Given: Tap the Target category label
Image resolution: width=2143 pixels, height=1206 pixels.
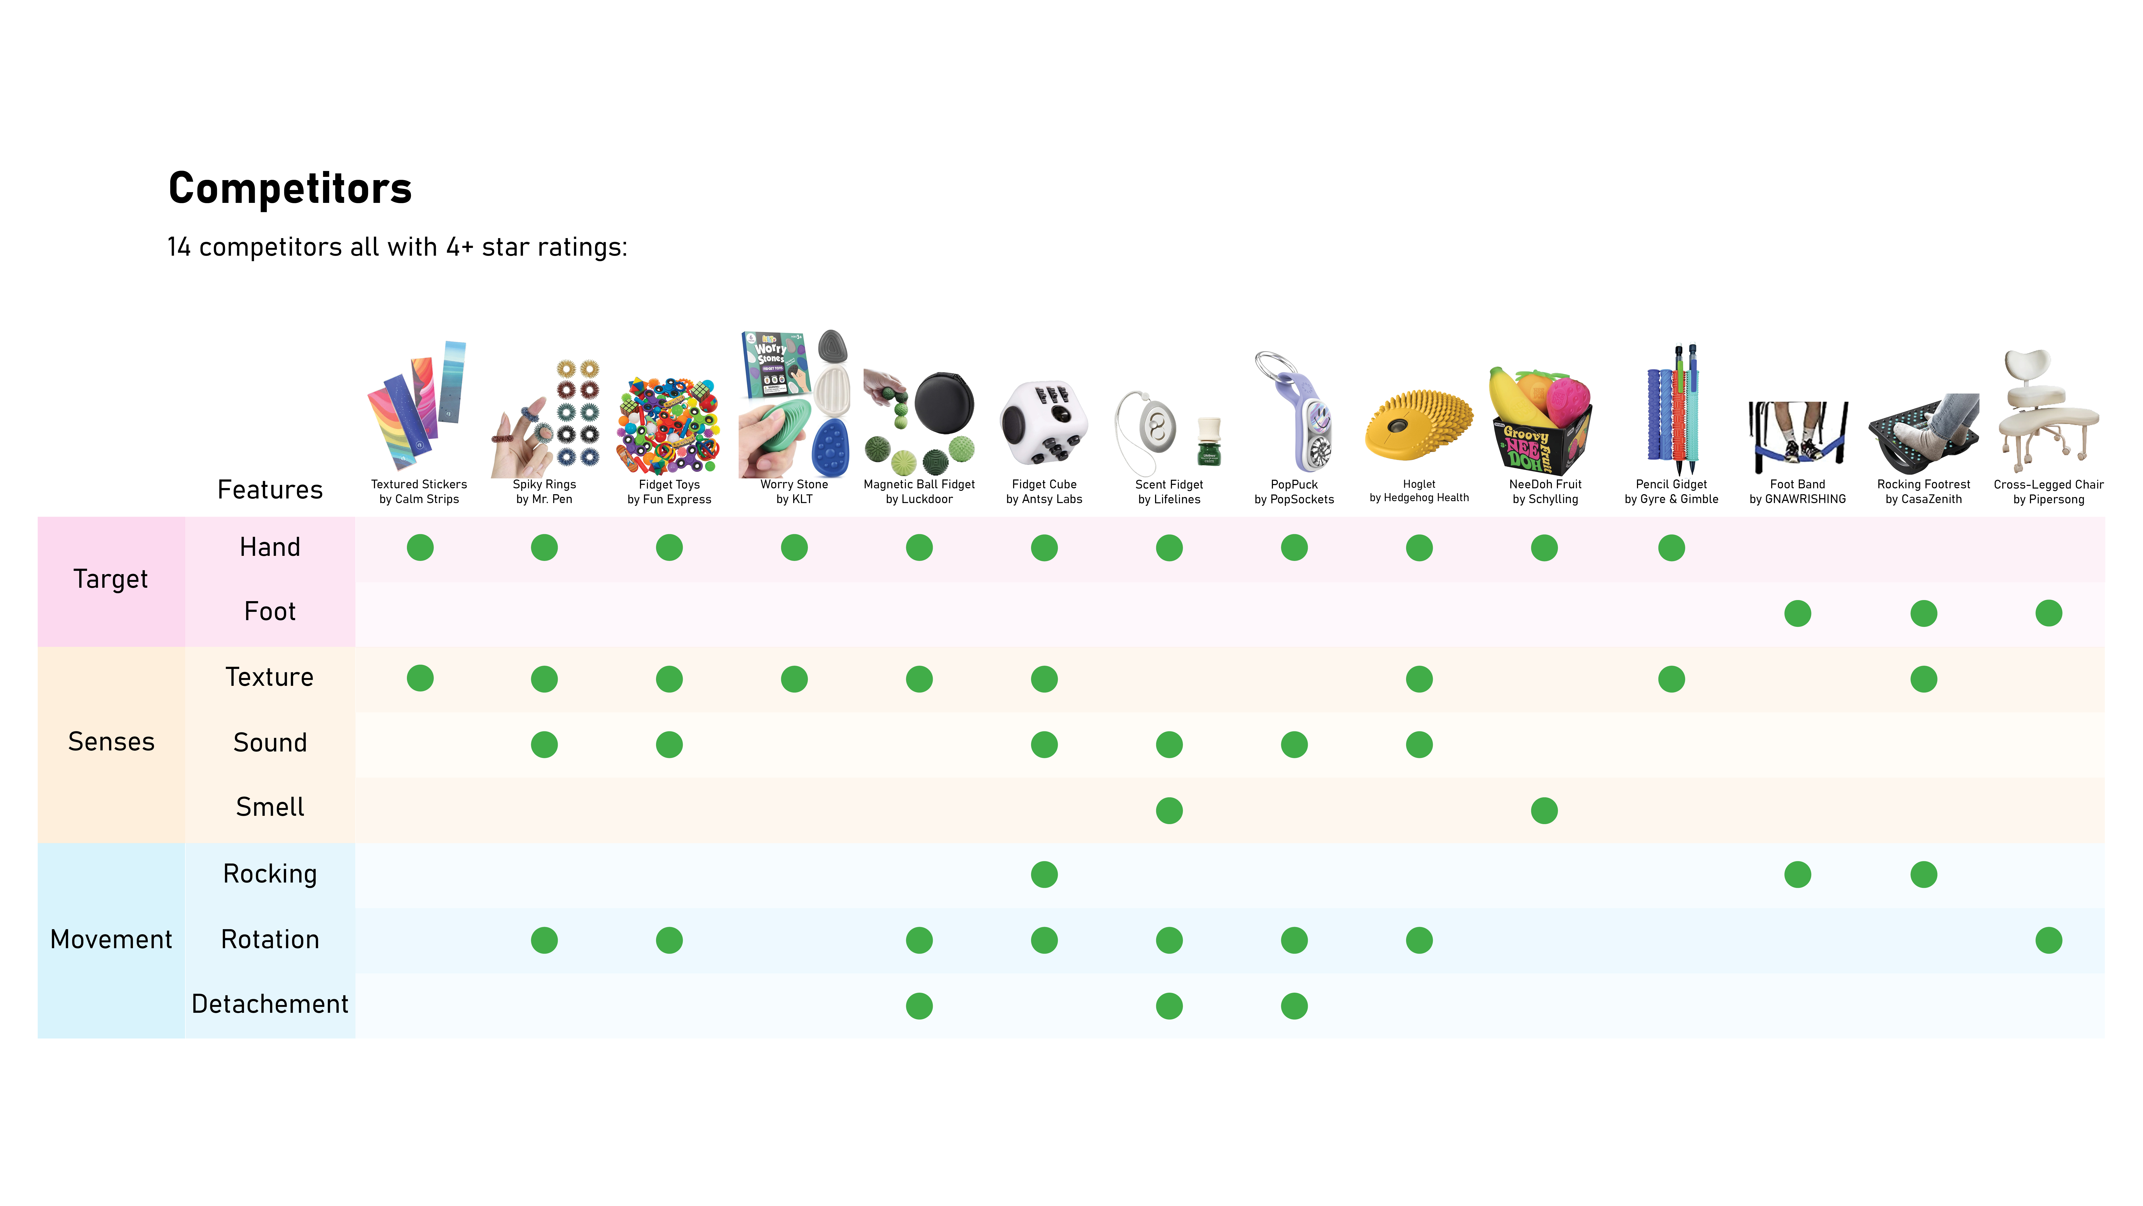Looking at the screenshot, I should [x=111, y=579].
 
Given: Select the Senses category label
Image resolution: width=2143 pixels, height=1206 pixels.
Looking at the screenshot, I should [x=111, y=742].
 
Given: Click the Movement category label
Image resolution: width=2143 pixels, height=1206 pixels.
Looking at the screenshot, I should [x=111, y=940].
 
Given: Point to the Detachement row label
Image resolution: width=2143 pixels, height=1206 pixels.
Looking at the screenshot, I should [x=269, y=1004].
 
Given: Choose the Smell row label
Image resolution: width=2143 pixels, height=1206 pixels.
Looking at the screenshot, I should [x=269, y=807].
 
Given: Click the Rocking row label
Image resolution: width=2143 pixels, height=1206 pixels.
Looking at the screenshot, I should [x=269, y=874].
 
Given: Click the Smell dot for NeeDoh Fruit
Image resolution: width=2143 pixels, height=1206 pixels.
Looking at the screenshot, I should [x=1544, y=811].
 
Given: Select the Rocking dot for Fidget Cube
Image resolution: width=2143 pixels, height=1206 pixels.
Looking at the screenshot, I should [x=1044, y=875].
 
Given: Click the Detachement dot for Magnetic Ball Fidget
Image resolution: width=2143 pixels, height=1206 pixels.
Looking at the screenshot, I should [x=919, y=1006].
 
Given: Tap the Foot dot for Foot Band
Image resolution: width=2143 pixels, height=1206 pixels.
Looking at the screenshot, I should [x=1798, y=613].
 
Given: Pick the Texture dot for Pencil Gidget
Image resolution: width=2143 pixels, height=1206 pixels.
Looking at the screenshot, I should [x=1671, y=679].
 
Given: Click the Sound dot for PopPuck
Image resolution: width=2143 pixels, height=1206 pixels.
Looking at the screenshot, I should [x=1294, y=745].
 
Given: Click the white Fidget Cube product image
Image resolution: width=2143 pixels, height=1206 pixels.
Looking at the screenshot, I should [x=1044, y=424].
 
